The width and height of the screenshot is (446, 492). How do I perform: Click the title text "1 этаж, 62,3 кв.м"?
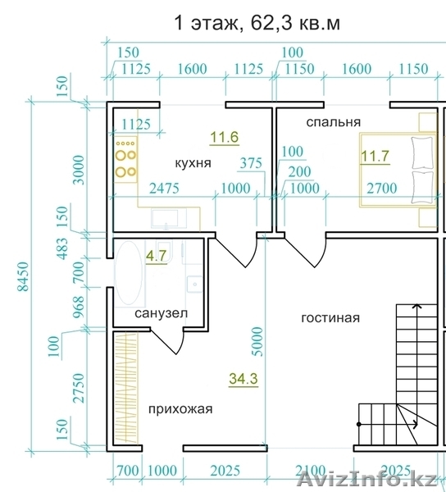(257, 23)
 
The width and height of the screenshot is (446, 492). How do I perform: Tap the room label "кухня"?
(193, 163)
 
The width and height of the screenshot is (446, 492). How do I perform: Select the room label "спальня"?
(333, 122)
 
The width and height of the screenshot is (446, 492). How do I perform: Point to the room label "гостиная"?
(330, 318)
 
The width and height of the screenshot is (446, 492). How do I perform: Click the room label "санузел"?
(162, 313)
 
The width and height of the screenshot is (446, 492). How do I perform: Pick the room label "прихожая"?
(180, 409)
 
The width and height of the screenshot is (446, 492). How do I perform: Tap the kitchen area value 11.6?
(225, 138)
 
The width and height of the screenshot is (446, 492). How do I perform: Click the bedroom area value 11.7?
(375, 156)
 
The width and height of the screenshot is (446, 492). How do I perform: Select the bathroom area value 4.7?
(157, 256)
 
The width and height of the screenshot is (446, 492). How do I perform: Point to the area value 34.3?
(243, 378)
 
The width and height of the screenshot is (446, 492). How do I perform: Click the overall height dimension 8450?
(23, 277)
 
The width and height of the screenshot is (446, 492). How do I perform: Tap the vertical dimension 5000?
(257, 341)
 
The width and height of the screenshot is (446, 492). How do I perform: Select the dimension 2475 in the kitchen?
(164, 189)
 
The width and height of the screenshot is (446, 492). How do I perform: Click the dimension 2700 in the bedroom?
(382, 189)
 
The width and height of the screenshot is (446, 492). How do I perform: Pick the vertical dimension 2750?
(79, 388)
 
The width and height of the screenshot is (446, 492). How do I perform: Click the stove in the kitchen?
(126, 159)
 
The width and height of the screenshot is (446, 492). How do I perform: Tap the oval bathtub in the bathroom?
(130, 273)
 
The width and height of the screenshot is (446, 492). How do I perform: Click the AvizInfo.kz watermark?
(366, 478)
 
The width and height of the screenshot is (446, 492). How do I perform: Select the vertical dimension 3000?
(79, 170)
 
